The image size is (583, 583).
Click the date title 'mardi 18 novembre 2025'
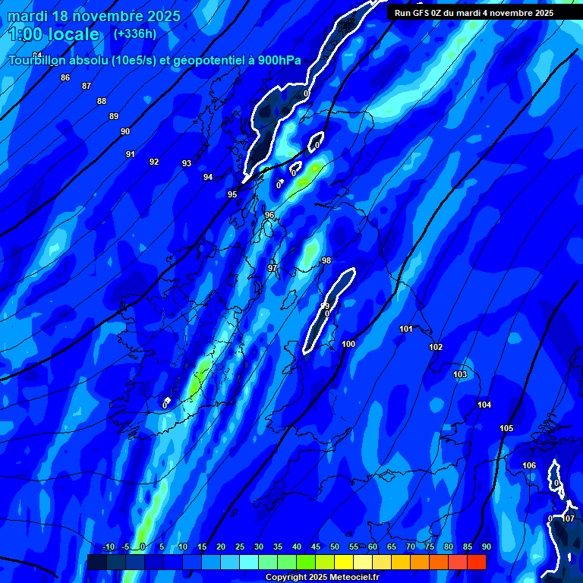(94, 16)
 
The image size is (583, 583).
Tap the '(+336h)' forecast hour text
(134, 33)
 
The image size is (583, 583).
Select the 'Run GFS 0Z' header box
(474, 13)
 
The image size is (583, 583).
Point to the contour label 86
(65, 78)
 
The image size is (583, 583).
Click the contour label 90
(125, 132)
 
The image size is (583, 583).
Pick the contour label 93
(187, 164)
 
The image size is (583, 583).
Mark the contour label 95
(232, 195)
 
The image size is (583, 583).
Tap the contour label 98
(326, 261)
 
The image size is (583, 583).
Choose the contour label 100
(348, 345)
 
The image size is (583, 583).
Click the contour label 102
(436, 348)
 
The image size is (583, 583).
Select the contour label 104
(484, 405)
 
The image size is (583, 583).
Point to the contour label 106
(529, 466)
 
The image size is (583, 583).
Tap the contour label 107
(569, 519)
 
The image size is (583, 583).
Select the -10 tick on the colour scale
(109, 547)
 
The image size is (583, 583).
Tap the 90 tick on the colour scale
(486, 547)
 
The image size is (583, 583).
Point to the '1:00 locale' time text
(54, 34)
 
